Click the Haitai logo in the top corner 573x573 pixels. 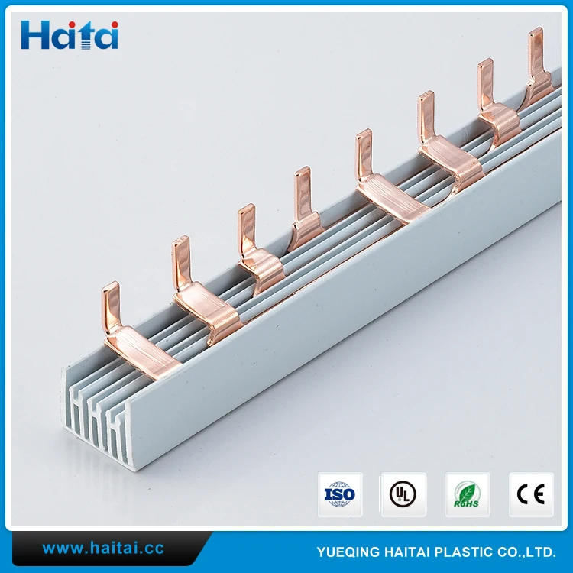(70, 35)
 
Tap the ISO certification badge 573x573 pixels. (340, 494)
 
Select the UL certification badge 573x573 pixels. (403, 494)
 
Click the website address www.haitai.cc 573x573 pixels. (102, 549)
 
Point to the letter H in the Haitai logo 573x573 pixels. (34, 35)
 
